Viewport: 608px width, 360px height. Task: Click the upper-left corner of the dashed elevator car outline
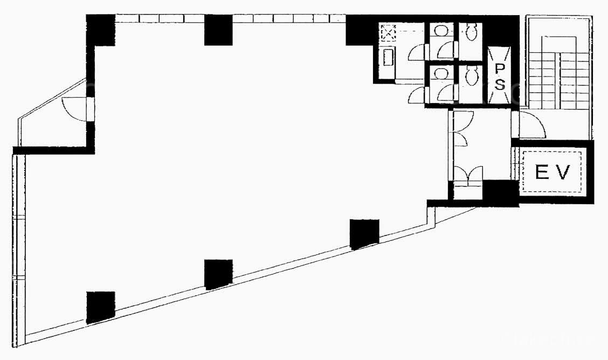pos(522,151)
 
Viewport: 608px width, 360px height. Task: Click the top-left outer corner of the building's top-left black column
pos(86,15)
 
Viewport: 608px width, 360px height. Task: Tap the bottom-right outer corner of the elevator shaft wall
pos(593,204)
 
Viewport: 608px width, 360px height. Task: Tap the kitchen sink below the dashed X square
pos(388,58)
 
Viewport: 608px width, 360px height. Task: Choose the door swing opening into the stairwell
pos(532,124)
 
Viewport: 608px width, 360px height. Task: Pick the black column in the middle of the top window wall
pos(218,30)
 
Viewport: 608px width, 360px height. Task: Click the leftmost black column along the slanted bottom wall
pos(101,307)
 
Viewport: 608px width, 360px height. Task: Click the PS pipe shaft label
pos(500,77)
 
